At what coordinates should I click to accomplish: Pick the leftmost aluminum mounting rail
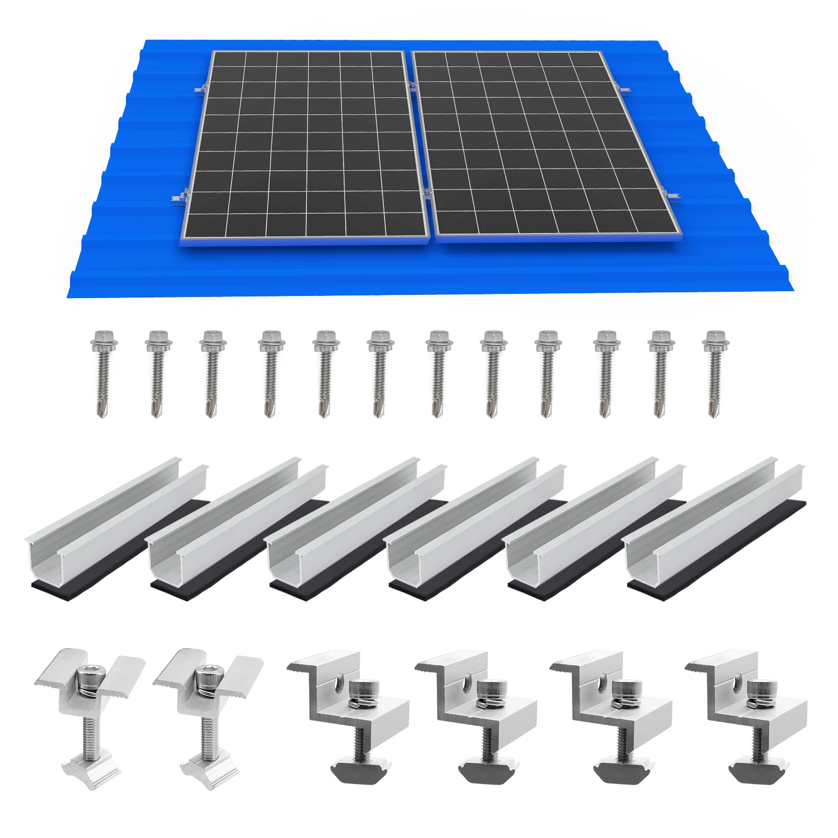[115, 524]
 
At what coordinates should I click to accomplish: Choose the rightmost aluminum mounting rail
[715, 524]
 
